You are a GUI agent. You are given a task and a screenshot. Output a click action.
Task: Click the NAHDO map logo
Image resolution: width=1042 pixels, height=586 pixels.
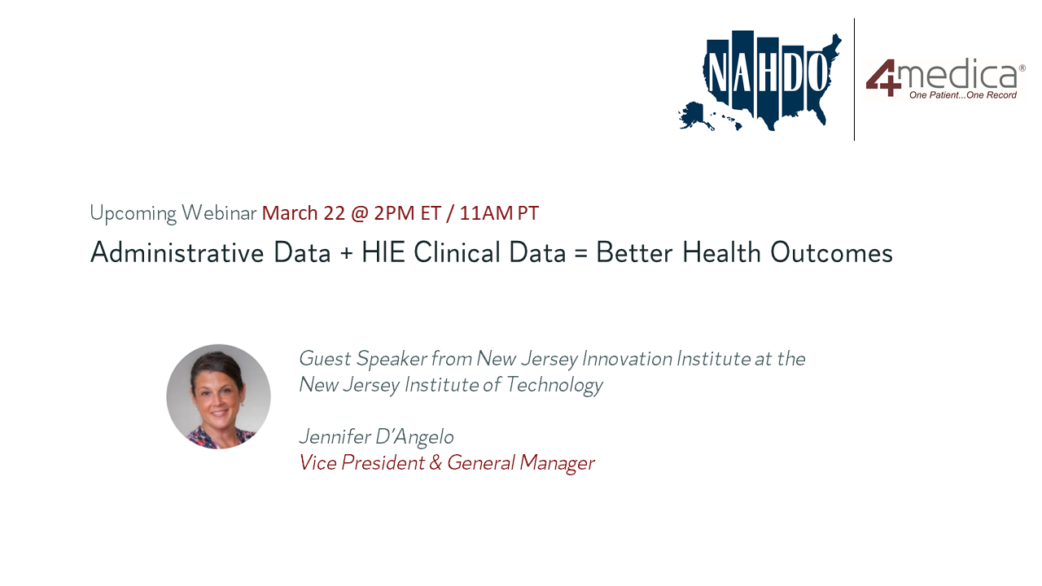point(760,81)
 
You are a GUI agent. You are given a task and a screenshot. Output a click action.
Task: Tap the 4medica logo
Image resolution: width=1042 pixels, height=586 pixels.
point(945,79)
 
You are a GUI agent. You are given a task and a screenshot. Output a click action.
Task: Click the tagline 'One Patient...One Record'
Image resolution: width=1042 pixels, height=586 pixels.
point(963,95)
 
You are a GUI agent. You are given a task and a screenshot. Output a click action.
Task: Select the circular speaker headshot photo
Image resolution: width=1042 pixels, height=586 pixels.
point(219,396)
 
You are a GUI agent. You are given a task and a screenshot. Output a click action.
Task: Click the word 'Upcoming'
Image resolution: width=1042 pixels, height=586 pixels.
point(134,213)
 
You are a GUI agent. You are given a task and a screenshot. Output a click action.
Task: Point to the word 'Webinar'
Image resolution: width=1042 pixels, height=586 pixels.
point(219,213)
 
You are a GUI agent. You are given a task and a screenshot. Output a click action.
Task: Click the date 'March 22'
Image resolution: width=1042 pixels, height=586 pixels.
point(304,213)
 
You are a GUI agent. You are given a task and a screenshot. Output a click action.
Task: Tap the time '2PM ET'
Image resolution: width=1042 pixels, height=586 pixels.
point(408,213)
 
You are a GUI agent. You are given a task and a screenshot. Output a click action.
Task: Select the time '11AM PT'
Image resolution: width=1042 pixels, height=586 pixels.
point(499,213)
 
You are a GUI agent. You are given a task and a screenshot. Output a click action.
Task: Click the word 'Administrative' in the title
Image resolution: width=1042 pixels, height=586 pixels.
point(177,252)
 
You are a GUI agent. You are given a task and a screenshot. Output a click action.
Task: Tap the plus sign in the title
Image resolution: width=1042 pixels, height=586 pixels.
point(346,254)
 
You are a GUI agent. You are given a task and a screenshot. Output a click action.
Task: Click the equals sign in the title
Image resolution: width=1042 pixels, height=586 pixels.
point(581,254)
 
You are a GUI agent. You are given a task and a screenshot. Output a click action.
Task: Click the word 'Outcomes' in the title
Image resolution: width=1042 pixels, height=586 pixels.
point(831,252)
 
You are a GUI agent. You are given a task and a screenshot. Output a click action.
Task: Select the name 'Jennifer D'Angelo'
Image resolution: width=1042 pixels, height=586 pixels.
point(376,437)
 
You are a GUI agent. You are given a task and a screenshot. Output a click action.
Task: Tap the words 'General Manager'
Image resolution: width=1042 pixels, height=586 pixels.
point(521,464)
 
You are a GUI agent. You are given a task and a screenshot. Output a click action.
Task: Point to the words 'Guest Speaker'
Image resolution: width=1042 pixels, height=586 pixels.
point(363,359)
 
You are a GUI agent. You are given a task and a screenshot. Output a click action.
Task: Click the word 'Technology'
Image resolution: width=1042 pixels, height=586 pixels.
point(554,386)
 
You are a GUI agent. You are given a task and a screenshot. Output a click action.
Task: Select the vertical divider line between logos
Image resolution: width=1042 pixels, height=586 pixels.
point(854,79)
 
